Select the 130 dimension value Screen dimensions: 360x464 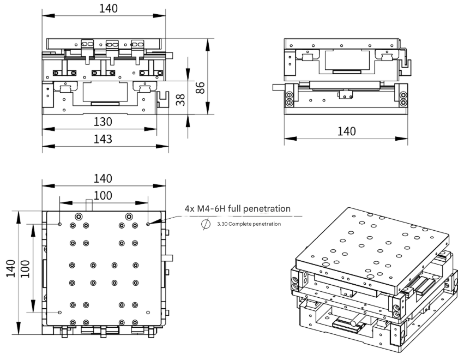coord(102,121)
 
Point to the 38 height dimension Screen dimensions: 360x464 coord(180,99)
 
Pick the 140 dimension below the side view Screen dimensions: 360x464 coord(346,131)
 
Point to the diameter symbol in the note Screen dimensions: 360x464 coord(206,224)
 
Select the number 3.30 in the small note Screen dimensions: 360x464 coord(222,224)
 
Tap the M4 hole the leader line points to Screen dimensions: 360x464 coord(148,223)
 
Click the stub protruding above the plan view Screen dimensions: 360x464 coord(88,206)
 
